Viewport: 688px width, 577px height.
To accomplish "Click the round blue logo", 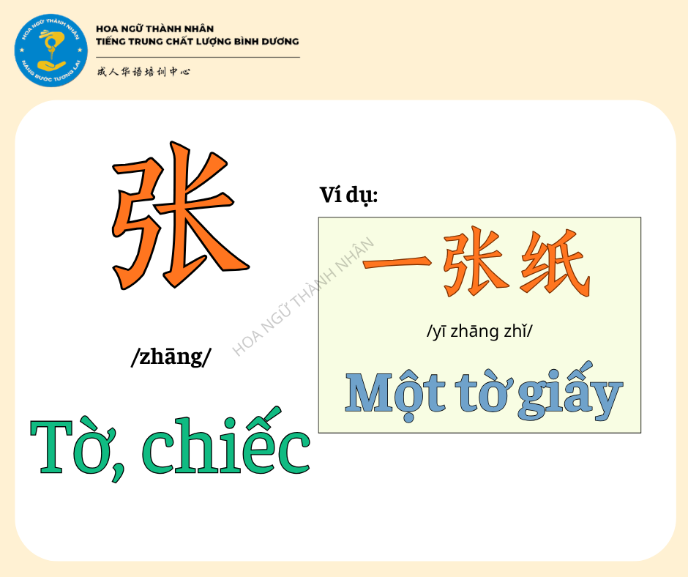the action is pos(51,50).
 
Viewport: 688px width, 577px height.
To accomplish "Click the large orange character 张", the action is pos(180,215).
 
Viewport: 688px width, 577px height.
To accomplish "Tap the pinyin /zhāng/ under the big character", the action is pos(171,357).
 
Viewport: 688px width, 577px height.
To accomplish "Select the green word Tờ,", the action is pos(78,449).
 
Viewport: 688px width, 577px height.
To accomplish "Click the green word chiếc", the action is pos(226,442).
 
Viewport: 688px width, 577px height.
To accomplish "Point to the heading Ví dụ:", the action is pos(348,195).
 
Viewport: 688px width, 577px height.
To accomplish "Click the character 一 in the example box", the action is pos(397,263).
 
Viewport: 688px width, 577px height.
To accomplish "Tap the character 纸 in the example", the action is pos(555,261).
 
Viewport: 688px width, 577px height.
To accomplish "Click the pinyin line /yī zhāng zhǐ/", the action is pos(479,331).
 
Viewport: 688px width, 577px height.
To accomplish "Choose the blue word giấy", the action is pos(570,391).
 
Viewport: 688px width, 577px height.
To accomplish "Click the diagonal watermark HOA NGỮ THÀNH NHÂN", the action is pos(303,297).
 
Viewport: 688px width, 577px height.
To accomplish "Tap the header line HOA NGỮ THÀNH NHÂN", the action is pos(155,29).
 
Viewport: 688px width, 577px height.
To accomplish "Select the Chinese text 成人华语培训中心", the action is pos(143,71).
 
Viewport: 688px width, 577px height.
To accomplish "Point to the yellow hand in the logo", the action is pos(51,65).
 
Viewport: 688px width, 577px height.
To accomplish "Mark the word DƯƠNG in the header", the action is pos(280,41).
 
